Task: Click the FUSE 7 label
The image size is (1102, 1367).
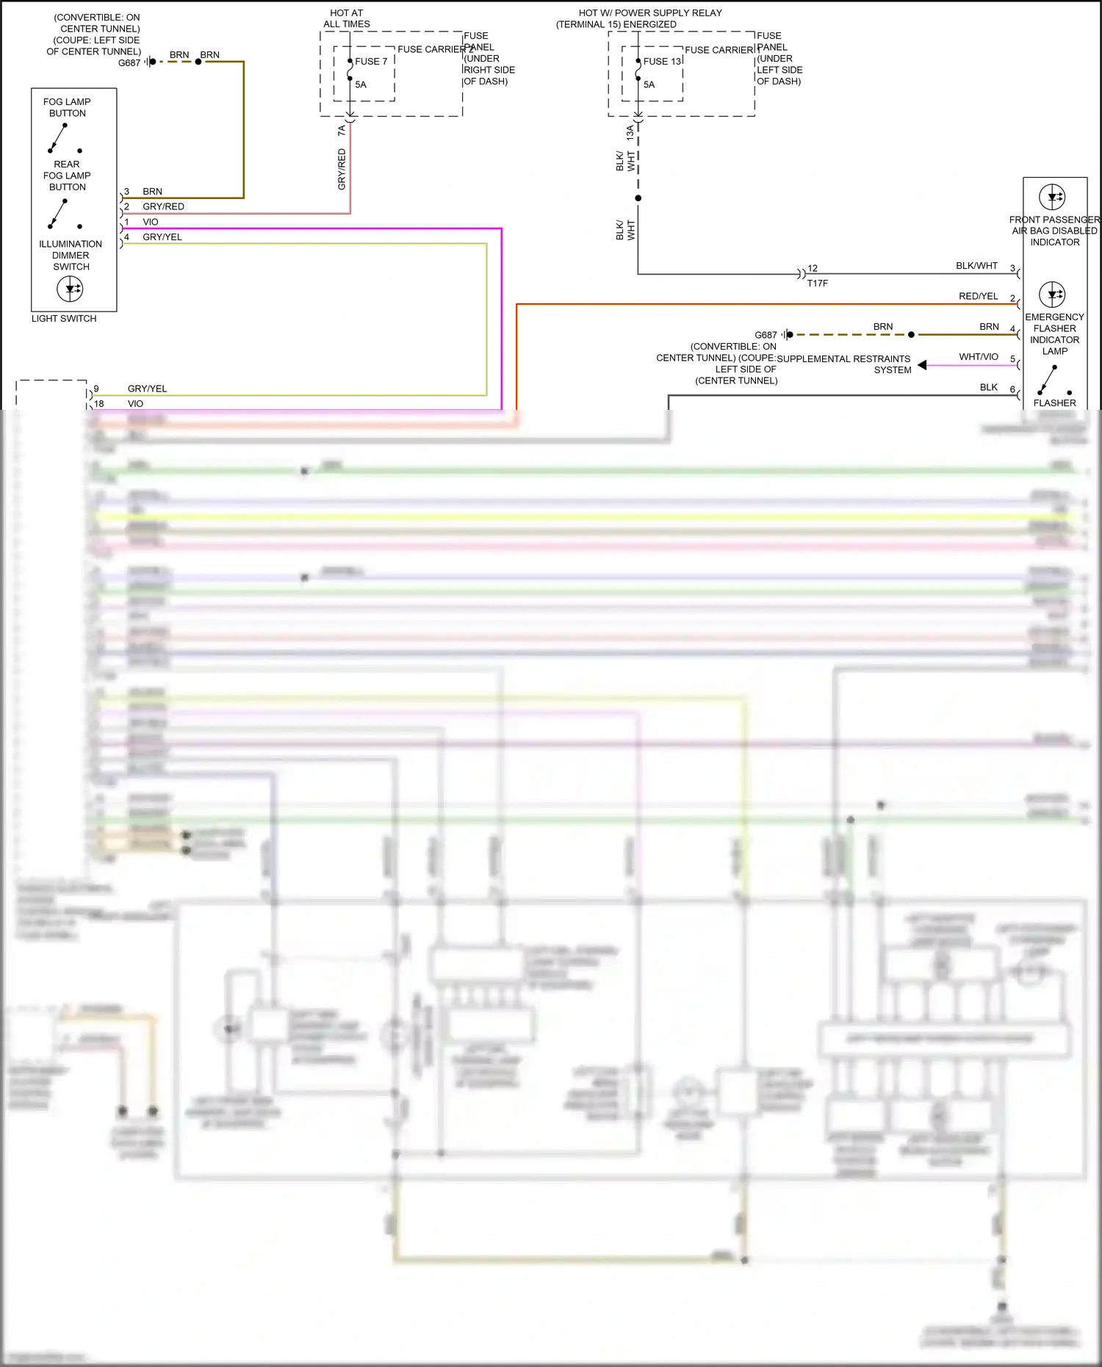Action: (x=371, y=62)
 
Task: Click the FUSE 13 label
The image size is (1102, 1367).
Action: (x=662, y=62)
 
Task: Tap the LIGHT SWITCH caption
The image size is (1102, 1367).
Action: (x=64, y=319)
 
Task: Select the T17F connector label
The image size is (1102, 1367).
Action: (x=817, y=284)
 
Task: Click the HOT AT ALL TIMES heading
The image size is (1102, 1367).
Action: (x=347, y=18)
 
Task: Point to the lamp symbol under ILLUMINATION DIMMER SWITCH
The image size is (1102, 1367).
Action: (x=70, y=289)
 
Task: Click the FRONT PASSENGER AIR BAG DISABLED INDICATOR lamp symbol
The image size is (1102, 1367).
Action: (x=1052, y=197)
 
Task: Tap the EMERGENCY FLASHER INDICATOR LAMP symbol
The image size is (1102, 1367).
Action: (x=1052, y=295)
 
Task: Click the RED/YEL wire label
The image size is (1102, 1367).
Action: (x=978, y=297)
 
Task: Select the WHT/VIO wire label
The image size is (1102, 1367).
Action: (x=978, y=357)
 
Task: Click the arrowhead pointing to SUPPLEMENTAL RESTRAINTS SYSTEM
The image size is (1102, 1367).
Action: (x=922, y=365)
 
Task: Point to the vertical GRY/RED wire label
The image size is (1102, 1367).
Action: (x=342, y=170)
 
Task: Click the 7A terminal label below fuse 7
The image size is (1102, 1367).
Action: (x=342, y=131)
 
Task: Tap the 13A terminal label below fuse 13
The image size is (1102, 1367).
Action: (x=630, y=133)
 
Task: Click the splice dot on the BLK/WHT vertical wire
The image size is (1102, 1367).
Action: (x=638, y=198)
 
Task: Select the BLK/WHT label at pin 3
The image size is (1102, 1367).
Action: (x=976, y=266)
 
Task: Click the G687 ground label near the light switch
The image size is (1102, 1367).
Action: (x=129, y=63)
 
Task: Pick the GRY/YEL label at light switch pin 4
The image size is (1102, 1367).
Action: (x=162, y=237)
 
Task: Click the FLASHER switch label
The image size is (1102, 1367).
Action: (x=1054, y=403)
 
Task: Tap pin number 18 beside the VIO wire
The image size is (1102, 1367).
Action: (x=99, y=404)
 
